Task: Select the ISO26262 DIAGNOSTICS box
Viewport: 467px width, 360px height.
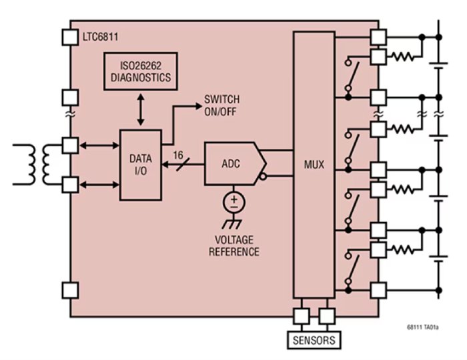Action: [140, 71]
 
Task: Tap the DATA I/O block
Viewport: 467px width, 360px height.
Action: [140, 165]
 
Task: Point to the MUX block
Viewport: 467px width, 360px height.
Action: [313, 164]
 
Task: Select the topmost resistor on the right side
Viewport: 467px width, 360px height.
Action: [404, 57]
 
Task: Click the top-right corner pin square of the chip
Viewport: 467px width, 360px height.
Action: [378, 37]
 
